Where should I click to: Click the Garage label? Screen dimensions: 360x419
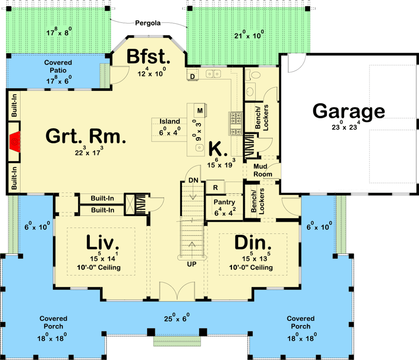[x=349, y=112]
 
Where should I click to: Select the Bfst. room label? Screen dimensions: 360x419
[x=148, y=57]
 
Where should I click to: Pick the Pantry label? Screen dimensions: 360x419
[x=224, y=202]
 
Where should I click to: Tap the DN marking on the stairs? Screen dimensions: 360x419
[x=193, y=180]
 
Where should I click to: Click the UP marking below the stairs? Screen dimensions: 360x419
[x=192, y=264]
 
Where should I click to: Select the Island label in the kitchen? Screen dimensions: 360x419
[x=170, y=121]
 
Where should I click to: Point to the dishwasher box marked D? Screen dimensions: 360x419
[x=192, y=76]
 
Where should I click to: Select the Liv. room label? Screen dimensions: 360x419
[x=103, y=243]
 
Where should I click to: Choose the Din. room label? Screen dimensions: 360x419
[x=253, y=243]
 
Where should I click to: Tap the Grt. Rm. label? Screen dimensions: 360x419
[x=85, y=137]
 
